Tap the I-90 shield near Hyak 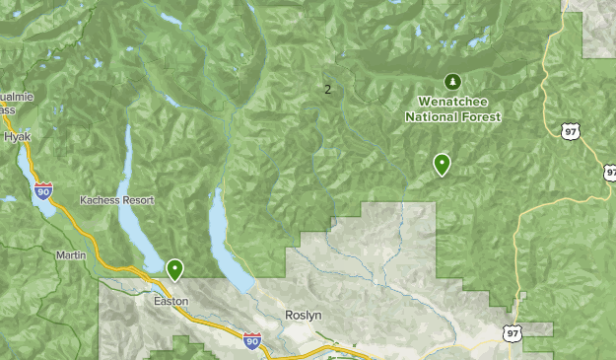43,189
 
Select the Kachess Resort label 117,199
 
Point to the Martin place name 71,255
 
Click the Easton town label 171,301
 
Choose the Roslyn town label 304,316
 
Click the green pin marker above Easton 174,268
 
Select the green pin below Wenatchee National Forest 442,164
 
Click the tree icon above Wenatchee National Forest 452,81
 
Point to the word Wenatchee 452,101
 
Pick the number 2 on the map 327,90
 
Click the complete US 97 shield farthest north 571,131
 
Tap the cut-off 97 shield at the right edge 610,173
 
